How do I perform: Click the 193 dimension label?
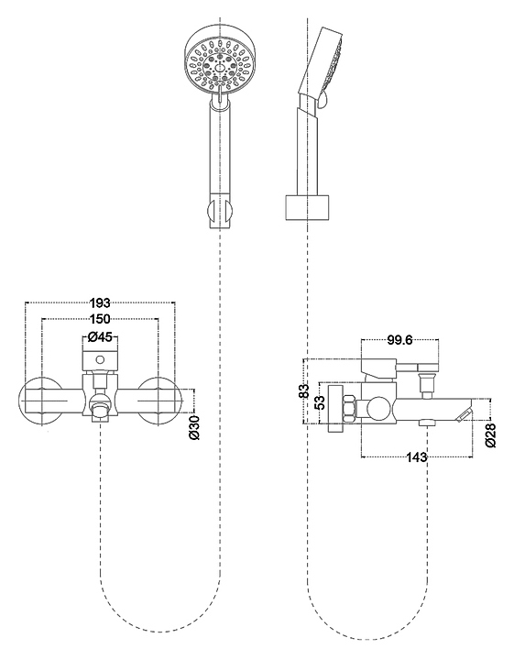click(100, 302)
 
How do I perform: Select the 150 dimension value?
click(100, 319)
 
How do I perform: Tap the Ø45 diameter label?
click(100, 336)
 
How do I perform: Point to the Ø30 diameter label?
click(194, 427)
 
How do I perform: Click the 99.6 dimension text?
click(399, 340)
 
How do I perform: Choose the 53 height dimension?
click(320, 402)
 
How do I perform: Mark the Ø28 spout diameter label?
click(491, 435)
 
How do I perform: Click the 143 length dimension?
click(417, 456)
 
